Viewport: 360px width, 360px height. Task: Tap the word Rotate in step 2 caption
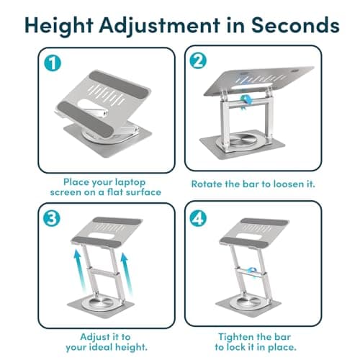click(x=210, y=184)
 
